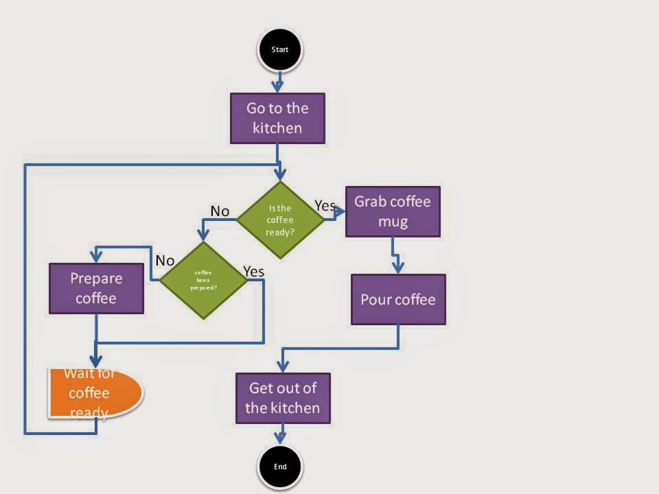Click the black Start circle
click(x=279, y=49)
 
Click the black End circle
click(x=280, y=467)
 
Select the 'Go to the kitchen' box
click(x=277, y=118)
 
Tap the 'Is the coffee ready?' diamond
click(x=280, y=220)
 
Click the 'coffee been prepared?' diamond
click(x=203, y=280)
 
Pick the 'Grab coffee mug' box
click(x=393, y=211)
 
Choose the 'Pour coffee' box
click(x=398, y=300)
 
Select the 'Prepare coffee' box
click(x=96, y=288)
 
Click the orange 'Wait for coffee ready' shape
click(x=95, y=393)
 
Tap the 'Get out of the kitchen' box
click(x=283, y=398)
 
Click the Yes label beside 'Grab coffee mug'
click(x=325, y=205)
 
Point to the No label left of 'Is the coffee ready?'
click(x=220, y=211)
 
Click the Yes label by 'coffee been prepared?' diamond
click(x=253, y=272)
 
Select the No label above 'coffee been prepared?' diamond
click(x=165, y=260)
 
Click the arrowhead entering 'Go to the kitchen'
click(x=277, y=86)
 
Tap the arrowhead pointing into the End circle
click(x=281, y=438)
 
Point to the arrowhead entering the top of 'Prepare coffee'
click(x=96, y=257)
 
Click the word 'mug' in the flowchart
click(x=393, y=222)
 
